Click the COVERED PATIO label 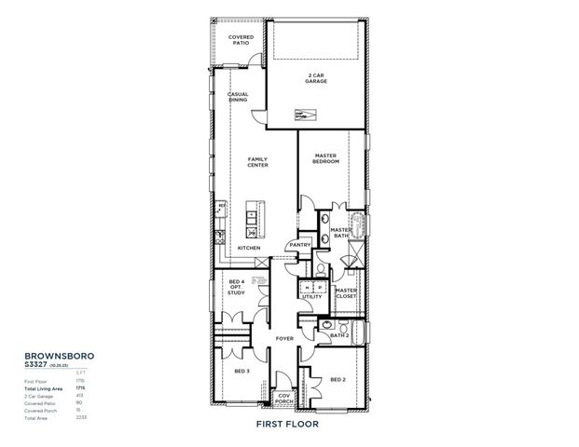pos(241,40)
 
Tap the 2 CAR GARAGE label pos(316,78)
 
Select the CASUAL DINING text pos(239,97)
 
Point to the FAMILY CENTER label pos(257,162)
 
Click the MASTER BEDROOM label pos(325,158)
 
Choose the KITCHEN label pos(248,248)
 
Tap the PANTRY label pos(299,245)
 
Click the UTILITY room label pos(311,296)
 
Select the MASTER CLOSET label pos(346,292)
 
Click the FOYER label pos(284,339)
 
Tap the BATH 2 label pos(339,335)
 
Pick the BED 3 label pos(241,371)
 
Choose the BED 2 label pos(338,379)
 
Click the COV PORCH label pos(285,400)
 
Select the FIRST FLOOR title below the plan pos(287,424)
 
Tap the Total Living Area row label pos(44,388)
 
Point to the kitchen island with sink pos(252,219)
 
